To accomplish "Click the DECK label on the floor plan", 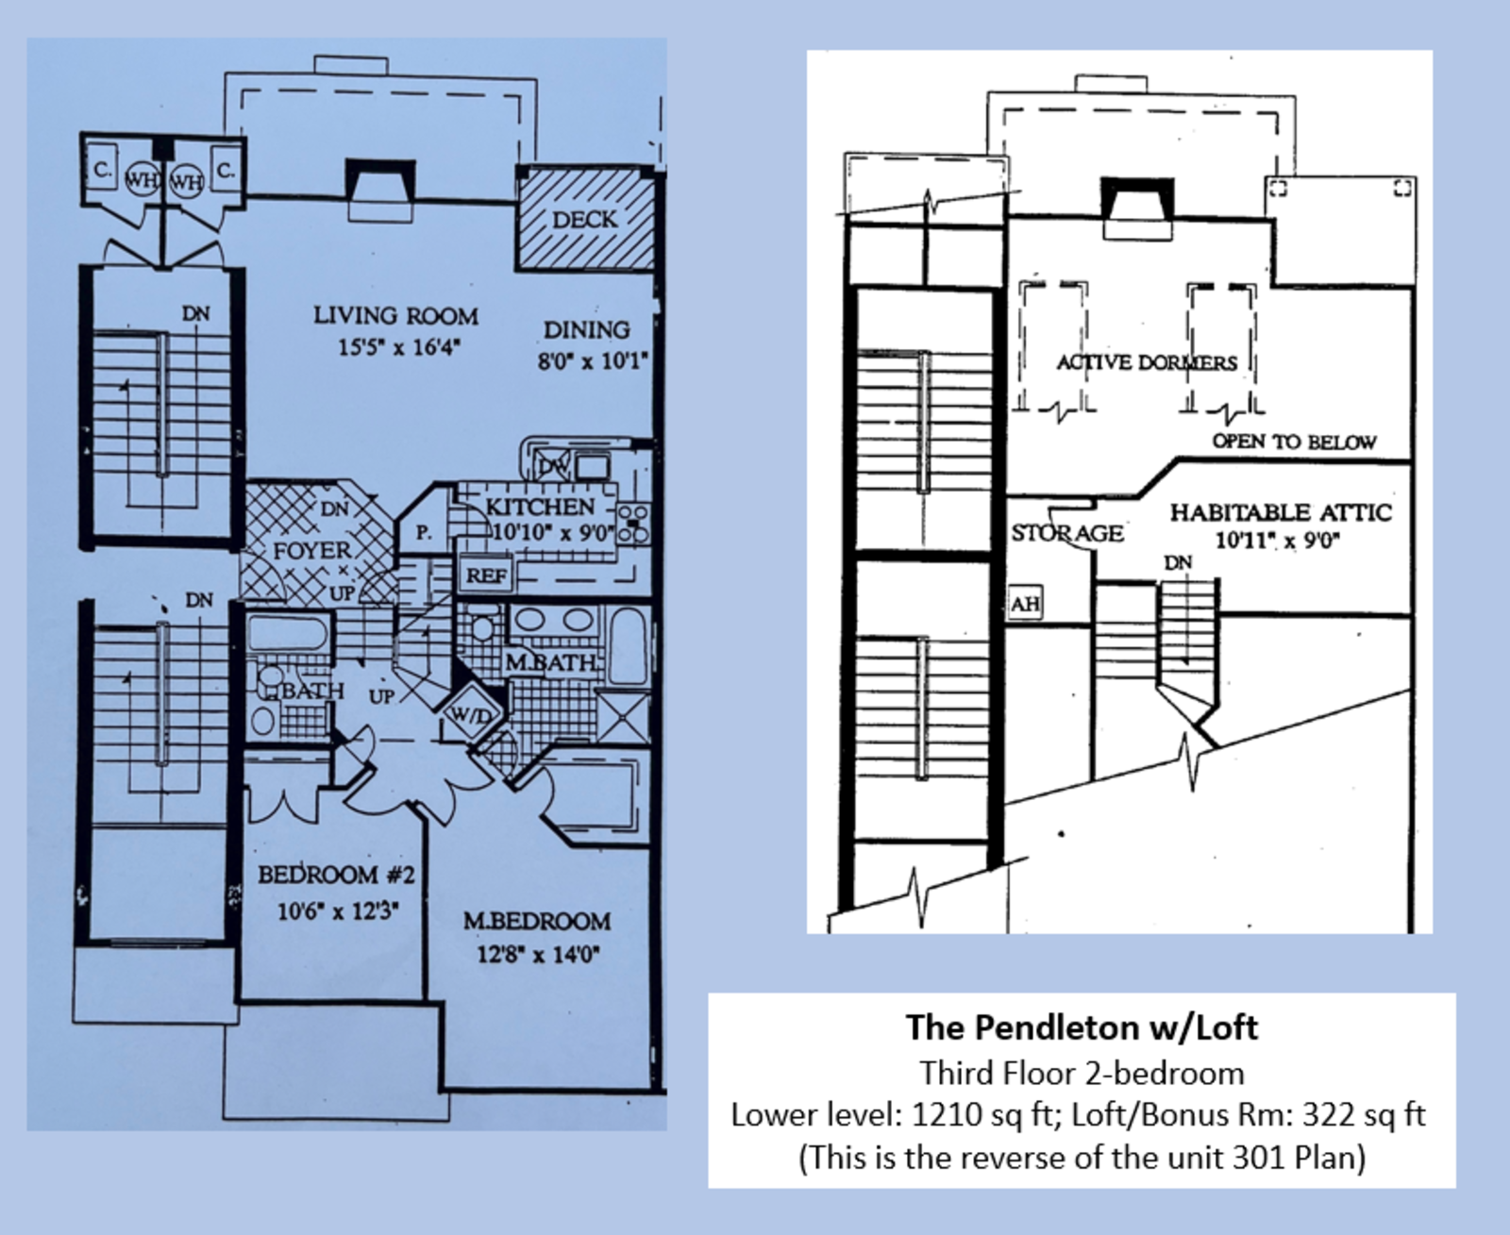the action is coord(584,220).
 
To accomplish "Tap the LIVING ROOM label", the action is coord(395,316).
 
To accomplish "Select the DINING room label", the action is coord(586,330).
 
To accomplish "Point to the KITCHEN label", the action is coord(540,507).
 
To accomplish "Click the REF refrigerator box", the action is coord(486,575).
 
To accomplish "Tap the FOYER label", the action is coord(311,550).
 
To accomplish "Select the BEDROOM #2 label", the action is coord(336,875).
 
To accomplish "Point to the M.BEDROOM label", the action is coord(536,921).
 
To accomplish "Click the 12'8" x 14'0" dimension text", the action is coord(538,954).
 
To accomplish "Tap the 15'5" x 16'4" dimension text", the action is coord(398,347).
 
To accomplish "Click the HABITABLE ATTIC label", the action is coord(1281,512).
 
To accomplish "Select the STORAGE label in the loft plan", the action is coord(1067,533).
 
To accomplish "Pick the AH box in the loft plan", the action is coord(1025,604).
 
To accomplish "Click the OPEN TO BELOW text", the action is coord(1293,442).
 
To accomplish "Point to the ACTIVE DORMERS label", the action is coord(1146,362).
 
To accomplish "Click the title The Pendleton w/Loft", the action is coord(1082,1026).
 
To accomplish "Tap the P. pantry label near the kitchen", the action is coord(424,533).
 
